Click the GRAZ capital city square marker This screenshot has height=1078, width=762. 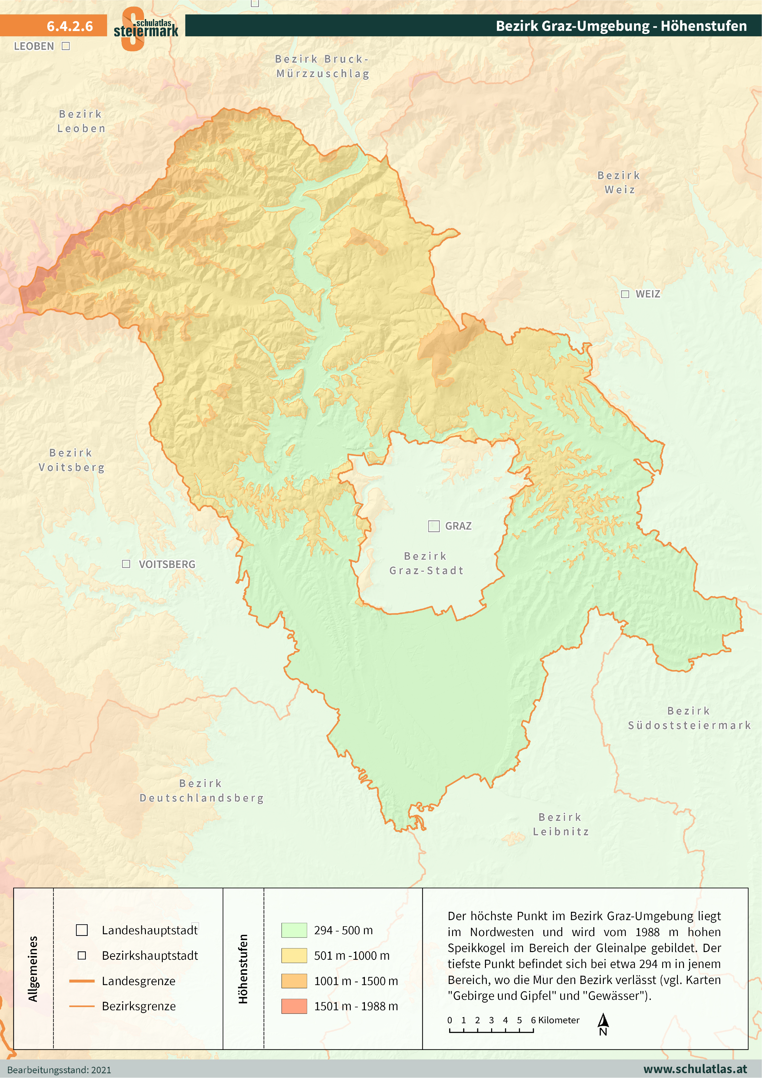tap(433, 526)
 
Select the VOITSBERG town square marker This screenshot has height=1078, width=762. tap(126, 564)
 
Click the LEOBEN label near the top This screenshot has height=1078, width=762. tap(34, 46)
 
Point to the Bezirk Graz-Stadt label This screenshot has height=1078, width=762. tap(426, 563)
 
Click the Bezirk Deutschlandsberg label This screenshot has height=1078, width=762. tap(201, 791)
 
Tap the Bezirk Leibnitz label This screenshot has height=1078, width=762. tap(561, 825)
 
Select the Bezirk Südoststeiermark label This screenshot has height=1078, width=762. tap(689, 718)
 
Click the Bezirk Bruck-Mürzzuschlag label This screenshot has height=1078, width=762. tap(322, 66)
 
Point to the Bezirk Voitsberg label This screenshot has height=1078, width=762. tap(71, 460)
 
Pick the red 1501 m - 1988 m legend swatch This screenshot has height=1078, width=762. tap(294, 1006)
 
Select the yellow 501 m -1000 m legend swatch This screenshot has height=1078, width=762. tap(294, 955)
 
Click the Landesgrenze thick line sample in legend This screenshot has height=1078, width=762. tap(82, 981)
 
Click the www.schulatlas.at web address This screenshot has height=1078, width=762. tap(695, 1069)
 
